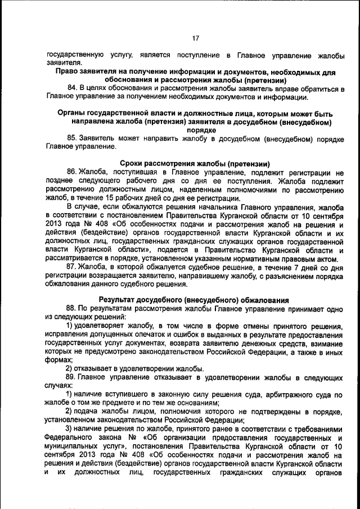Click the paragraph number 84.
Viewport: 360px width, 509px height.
tap(72, 89)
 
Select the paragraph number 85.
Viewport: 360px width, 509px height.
tap(72, 138)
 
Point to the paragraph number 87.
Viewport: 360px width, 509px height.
tap(72, 267)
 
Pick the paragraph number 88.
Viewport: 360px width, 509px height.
tap(72, 308)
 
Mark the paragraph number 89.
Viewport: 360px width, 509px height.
tap(72, 377)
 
